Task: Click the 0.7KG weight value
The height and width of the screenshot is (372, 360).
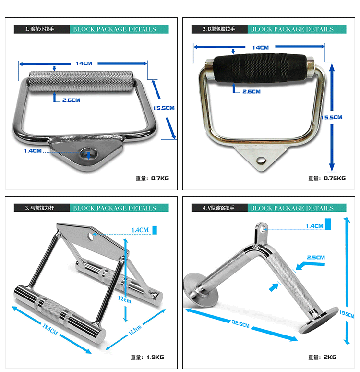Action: [160, 178]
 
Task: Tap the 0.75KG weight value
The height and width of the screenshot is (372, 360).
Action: [335, 178]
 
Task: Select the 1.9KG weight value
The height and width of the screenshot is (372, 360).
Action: [155, 357]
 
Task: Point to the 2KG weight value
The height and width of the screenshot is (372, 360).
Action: [330, 357]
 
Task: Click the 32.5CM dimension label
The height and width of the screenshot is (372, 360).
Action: [240, 324]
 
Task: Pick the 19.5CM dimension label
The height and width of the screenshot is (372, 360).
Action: [347, 314]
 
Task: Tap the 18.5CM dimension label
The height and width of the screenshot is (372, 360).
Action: [50, 329]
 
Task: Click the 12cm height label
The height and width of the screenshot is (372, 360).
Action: [124, 299]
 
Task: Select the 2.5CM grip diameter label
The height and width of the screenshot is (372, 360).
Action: [316, 258]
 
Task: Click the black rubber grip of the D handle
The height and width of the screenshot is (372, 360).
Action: [260, 68]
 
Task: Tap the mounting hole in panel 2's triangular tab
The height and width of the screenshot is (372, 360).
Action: [261, 161]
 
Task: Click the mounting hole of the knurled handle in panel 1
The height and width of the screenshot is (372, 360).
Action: [88, 154]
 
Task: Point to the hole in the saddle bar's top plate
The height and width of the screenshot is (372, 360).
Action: [90, 236]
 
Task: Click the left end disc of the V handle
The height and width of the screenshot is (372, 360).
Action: [201, 290]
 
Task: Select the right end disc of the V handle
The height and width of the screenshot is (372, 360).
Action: [319, 320]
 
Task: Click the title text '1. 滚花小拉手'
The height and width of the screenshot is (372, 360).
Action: [39, 29]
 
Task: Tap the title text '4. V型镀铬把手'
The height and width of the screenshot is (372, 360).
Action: [218, 208]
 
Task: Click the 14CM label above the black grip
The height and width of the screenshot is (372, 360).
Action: [261, 48]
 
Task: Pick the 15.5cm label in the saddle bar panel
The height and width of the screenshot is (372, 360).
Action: [135, 330]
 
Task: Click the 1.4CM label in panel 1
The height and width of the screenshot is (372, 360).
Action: [33, 151]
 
